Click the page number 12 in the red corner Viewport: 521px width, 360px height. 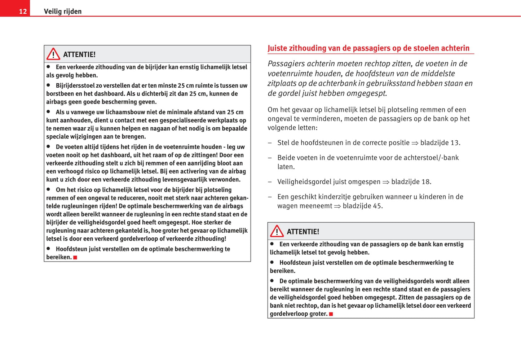coord(23,12)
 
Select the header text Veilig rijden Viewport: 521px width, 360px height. coord(63,12)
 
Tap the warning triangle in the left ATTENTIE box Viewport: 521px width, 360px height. coord(53,54)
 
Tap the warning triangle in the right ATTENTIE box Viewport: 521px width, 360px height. coord(277,231)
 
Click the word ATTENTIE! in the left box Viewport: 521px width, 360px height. coord(79,54)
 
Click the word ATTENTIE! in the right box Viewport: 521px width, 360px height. coord(303,232)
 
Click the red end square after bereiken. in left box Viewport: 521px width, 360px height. coord(75,258)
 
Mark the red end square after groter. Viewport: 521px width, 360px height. coord(331,314)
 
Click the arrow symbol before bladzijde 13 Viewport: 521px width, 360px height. coord(415,143)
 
